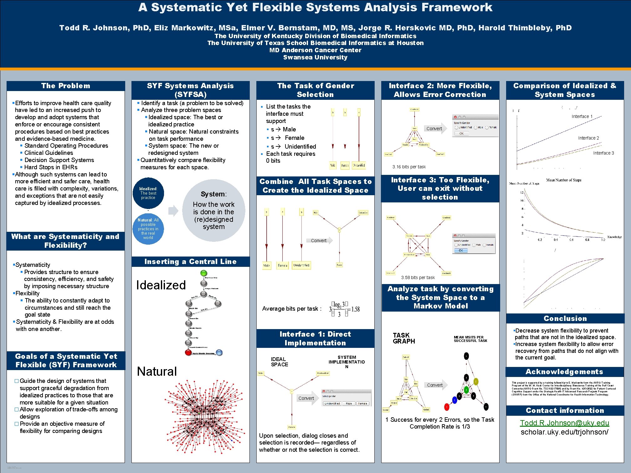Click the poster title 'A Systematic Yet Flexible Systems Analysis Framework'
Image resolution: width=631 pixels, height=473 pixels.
coord(315,8)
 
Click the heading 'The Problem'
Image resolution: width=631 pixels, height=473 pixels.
coord(66,86)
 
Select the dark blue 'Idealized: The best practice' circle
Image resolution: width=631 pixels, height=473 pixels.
coord(148,193)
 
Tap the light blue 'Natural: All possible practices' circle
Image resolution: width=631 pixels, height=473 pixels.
coord(148,229)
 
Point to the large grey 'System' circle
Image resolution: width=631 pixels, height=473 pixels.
coord(213,210)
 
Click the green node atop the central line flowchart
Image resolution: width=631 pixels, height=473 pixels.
coord(204,273)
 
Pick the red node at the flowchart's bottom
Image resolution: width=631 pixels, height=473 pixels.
coord(188,353)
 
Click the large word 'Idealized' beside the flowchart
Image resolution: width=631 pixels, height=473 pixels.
coord(161,285)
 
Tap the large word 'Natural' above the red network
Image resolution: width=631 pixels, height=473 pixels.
coord(157,371)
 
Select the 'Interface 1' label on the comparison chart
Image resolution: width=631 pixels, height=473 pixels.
coord(582,116)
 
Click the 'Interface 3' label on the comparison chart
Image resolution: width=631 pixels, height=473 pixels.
coord(603,153)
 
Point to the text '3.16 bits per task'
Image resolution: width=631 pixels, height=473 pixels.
coord(409,167)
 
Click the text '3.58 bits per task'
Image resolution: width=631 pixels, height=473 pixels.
coord(418,277)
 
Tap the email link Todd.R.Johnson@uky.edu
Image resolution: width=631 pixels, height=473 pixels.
coord(564,423)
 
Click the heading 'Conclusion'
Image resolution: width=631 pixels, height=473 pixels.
coord(565,318)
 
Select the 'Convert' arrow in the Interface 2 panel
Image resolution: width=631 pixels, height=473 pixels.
coord(435,129)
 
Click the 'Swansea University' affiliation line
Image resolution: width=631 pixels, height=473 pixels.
coord(315,57)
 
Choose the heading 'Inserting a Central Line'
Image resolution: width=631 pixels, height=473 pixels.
coord(190,262)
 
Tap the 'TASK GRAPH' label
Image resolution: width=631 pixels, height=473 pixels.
coord(404,338)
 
